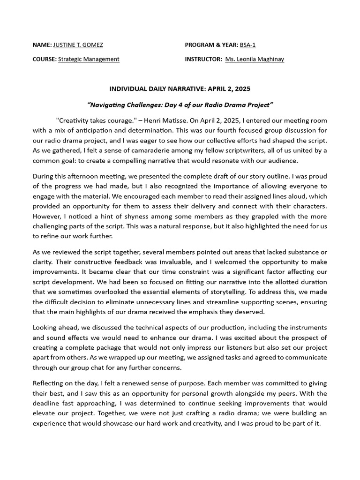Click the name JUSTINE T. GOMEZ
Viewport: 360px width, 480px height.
78,45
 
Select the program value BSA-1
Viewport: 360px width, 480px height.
247,45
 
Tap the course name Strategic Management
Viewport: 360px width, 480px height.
89,59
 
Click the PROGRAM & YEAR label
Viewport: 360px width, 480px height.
211,45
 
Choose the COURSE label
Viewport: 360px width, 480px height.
44,59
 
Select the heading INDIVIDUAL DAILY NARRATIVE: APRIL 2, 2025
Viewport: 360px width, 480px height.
180,89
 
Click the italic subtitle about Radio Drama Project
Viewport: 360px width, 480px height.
180,104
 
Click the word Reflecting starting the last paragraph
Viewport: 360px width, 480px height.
49,382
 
